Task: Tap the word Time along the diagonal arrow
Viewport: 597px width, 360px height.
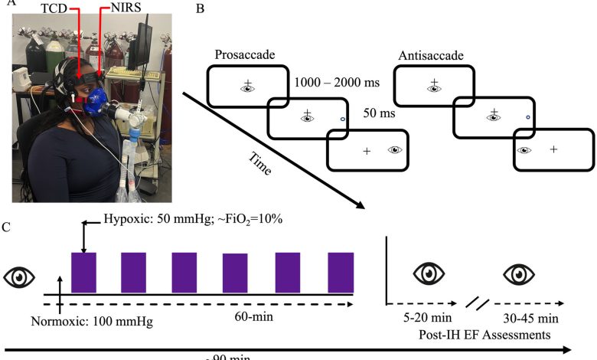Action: pyautogui.click(x=259, y=163)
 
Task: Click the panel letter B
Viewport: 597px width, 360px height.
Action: pyautogui.click(x=199, y=9)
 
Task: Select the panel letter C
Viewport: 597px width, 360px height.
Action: pyautogui.click(x=7, y=227)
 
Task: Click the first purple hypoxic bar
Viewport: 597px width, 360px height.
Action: pyautogui.click(x=83, y=272)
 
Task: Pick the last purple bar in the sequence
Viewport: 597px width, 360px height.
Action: pyautogui.click(x=341, y=272)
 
